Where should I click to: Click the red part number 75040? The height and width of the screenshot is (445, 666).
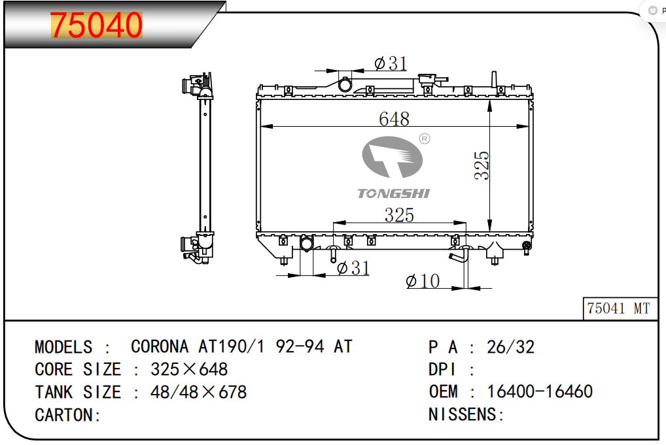coord(96,25)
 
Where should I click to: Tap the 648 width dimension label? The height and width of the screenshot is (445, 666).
coord(394,119)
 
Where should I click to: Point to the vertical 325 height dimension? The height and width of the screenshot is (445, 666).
coord(482,165)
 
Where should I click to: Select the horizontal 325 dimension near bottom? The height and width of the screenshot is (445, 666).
coord(399,215)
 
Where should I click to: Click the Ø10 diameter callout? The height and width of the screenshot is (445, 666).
coord(423,281)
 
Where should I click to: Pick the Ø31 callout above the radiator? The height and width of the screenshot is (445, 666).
coord(391,63)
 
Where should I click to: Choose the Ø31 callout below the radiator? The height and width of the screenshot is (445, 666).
coord(353,268)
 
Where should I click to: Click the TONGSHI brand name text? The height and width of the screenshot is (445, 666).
coord(393,193)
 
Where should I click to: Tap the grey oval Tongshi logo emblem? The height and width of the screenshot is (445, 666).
coord(392,157)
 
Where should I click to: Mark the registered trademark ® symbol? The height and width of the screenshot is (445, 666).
coord(425,139)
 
